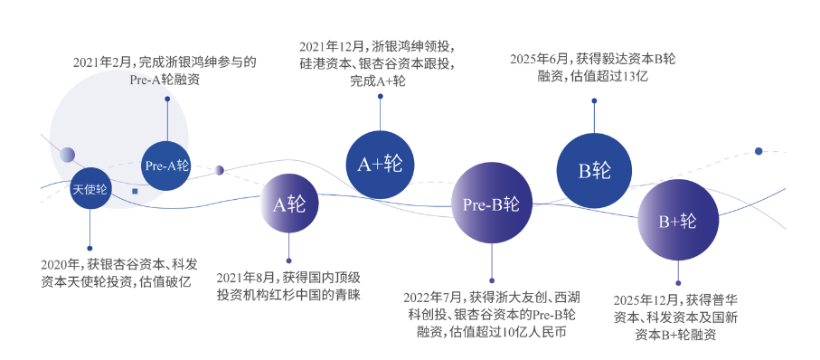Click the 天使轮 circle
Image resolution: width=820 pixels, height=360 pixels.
click(x=90, y=188)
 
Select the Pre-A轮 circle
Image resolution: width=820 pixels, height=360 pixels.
click(x=167, y=166)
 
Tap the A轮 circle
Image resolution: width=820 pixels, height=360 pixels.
click(x=289, y=204)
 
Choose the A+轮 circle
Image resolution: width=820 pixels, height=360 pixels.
click(x=381, y=165)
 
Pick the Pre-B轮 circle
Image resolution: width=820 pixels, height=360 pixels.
click(x=492, y=204)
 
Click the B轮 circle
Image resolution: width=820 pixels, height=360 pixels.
click(x=594, y=171)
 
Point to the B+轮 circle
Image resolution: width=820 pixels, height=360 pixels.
click(x=678, y=221)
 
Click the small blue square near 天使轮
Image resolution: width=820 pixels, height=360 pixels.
click(x=135, y=192)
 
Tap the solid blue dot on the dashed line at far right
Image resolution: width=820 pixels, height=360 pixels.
click(x=759, y=151)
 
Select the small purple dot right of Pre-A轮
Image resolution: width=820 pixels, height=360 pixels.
click(x=219, y=170)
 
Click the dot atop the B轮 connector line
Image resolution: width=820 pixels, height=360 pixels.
click(x=594, y=100)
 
